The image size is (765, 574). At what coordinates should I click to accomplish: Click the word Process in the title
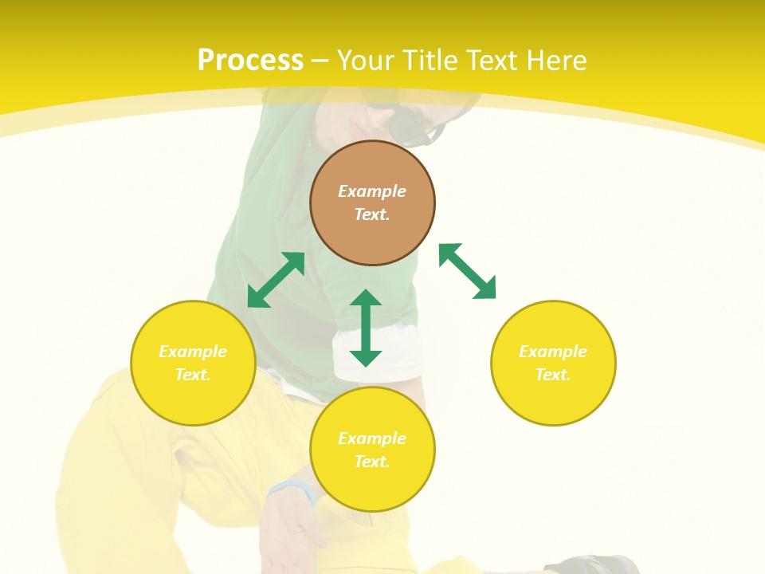pyautogui.click(x=250, y=61)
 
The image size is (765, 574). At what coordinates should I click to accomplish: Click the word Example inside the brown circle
pyautogui.click(x=372, y=191)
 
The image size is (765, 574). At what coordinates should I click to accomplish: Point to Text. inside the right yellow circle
pyautogui.click(x=553, y=375)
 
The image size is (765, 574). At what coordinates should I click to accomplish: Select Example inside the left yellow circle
pyautogui.click(x=193, y=352)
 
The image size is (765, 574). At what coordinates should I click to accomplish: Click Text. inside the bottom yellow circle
pyautogui.click(x=372, y=462)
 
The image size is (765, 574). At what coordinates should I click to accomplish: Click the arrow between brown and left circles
pyautogui.click(x=276, y=280)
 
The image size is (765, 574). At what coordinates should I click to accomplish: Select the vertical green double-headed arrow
pyautogui.click(x=366, y=328)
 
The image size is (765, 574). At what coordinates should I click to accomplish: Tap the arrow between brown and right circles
pyautogui.click(x=467, y=271)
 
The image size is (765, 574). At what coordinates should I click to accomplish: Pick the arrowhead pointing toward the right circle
pyautogui.click(x=485, y=289)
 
